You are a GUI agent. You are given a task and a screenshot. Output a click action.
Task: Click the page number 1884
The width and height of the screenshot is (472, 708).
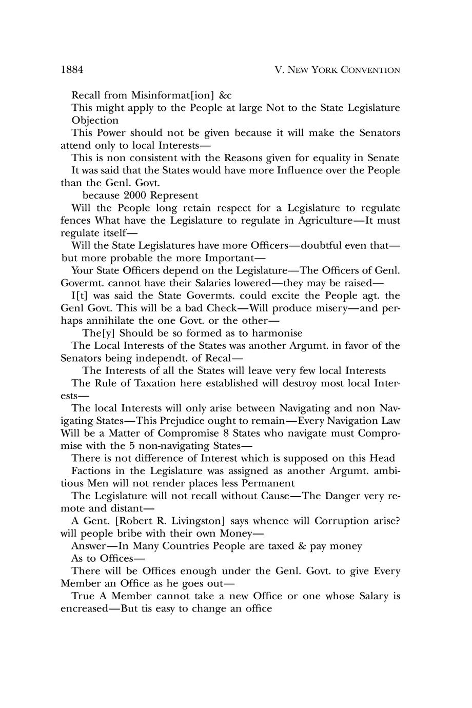[x=72, y=69]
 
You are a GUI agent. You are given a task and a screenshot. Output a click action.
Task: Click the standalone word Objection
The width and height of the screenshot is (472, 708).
[x=95, y=121]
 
